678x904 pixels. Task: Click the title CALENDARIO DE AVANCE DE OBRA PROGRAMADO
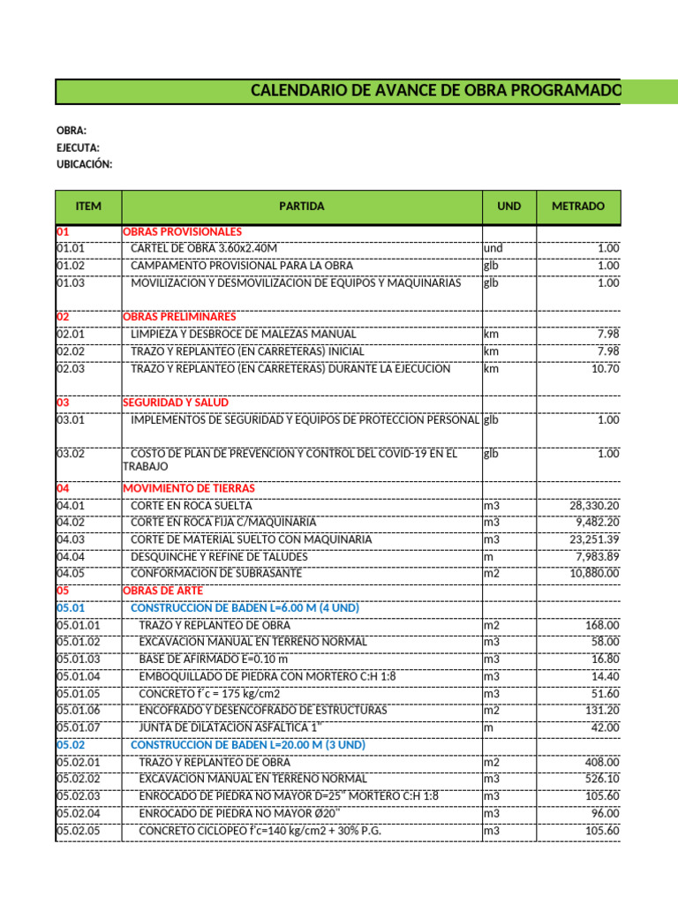click(435, 91)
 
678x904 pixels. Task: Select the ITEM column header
click(88, 207)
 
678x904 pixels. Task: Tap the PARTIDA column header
click(301, 207)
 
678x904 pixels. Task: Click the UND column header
click(508, 207)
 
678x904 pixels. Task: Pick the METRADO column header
click(578, 207)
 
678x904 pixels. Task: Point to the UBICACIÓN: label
click(85, 165)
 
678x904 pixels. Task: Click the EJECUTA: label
click(78, 148)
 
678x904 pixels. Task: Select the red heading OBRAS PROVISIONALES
click(182, 231)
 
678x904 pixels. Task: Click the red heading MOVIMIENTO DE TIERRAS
click(189, 488)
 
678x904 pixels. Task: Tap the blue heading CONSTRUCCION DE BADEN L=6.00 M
click(245, 608)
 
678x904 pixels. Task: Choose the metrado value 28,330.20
click(596, 506)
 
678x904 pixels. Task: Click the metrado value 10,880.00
click(596, 574)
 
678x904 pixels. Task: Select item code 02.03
click(71, 369)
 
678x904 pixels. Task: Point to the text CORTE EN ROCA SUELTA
click(191, 506)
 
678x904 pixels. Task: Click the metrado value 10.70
click(606, 369)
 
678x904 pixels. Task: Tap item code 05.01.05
click(79, 694)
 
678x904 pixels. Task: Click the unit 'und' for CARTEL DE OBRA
click(492, 249)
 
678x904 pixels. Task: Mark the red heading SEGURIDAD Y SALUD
click(175, 403)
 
